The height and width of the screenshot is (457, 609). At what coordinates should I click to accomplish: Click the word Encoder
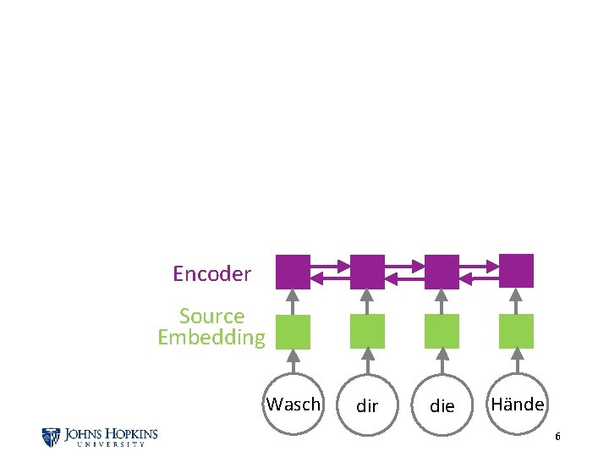(x=211, y=274)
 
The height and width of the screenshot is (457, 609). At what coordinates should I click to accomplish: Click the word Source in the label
(x=211, y=317)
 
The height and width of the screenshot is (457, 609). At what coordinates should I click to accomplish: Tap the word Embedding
(x=211, y=338)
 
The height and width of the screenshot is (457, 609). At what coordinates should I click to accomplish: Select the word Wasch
(x=294, y=405)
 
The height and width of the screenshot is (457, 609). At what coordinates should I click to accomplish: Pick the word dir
(x=367, y=406)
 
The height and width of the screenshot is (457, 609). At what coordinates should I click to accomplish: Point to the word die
(x=442, y=406)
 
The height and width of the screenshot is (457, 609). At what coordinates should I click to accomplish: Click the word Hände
(x=518, y=405)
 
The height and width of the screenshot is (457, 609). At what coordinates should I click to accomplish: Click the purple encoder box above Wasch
(x=294, y=272)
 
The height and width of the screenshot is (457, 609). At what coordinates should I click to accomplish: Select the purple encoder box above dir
(x=367, y=272)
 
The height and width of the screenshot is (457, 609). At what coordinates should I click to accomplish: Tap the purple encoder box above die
(x=442, y=272)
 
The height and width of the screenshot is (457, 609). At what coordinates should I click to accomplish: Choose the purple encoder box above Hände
(x=516, y=271)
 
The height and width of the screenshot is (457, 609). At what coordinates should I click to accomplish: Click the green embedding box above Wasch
(x=294, y=332)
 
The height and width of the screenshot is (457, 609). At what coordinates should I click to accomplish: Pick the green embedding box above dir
(x=367, y=332)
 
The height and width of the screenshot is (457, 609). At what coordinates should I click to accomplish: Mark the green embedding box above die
(x=442, y=332)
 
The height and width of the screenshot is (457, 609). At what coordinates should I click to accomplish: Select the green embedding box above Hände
(x=516, y=331)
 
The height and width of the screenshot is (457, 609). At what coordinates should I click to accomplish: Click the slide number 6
(x=557, y=437)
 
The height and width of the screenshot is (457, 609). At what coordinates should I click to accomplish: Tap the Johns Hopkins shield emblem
(x=51, y=437)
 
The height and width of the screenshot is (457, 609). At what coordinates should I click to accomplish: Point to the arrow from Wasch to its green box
(x=294, y=361)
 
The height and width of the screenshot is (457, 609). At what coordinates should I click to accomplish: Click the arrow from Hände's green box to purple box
(x=516, y=300)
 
